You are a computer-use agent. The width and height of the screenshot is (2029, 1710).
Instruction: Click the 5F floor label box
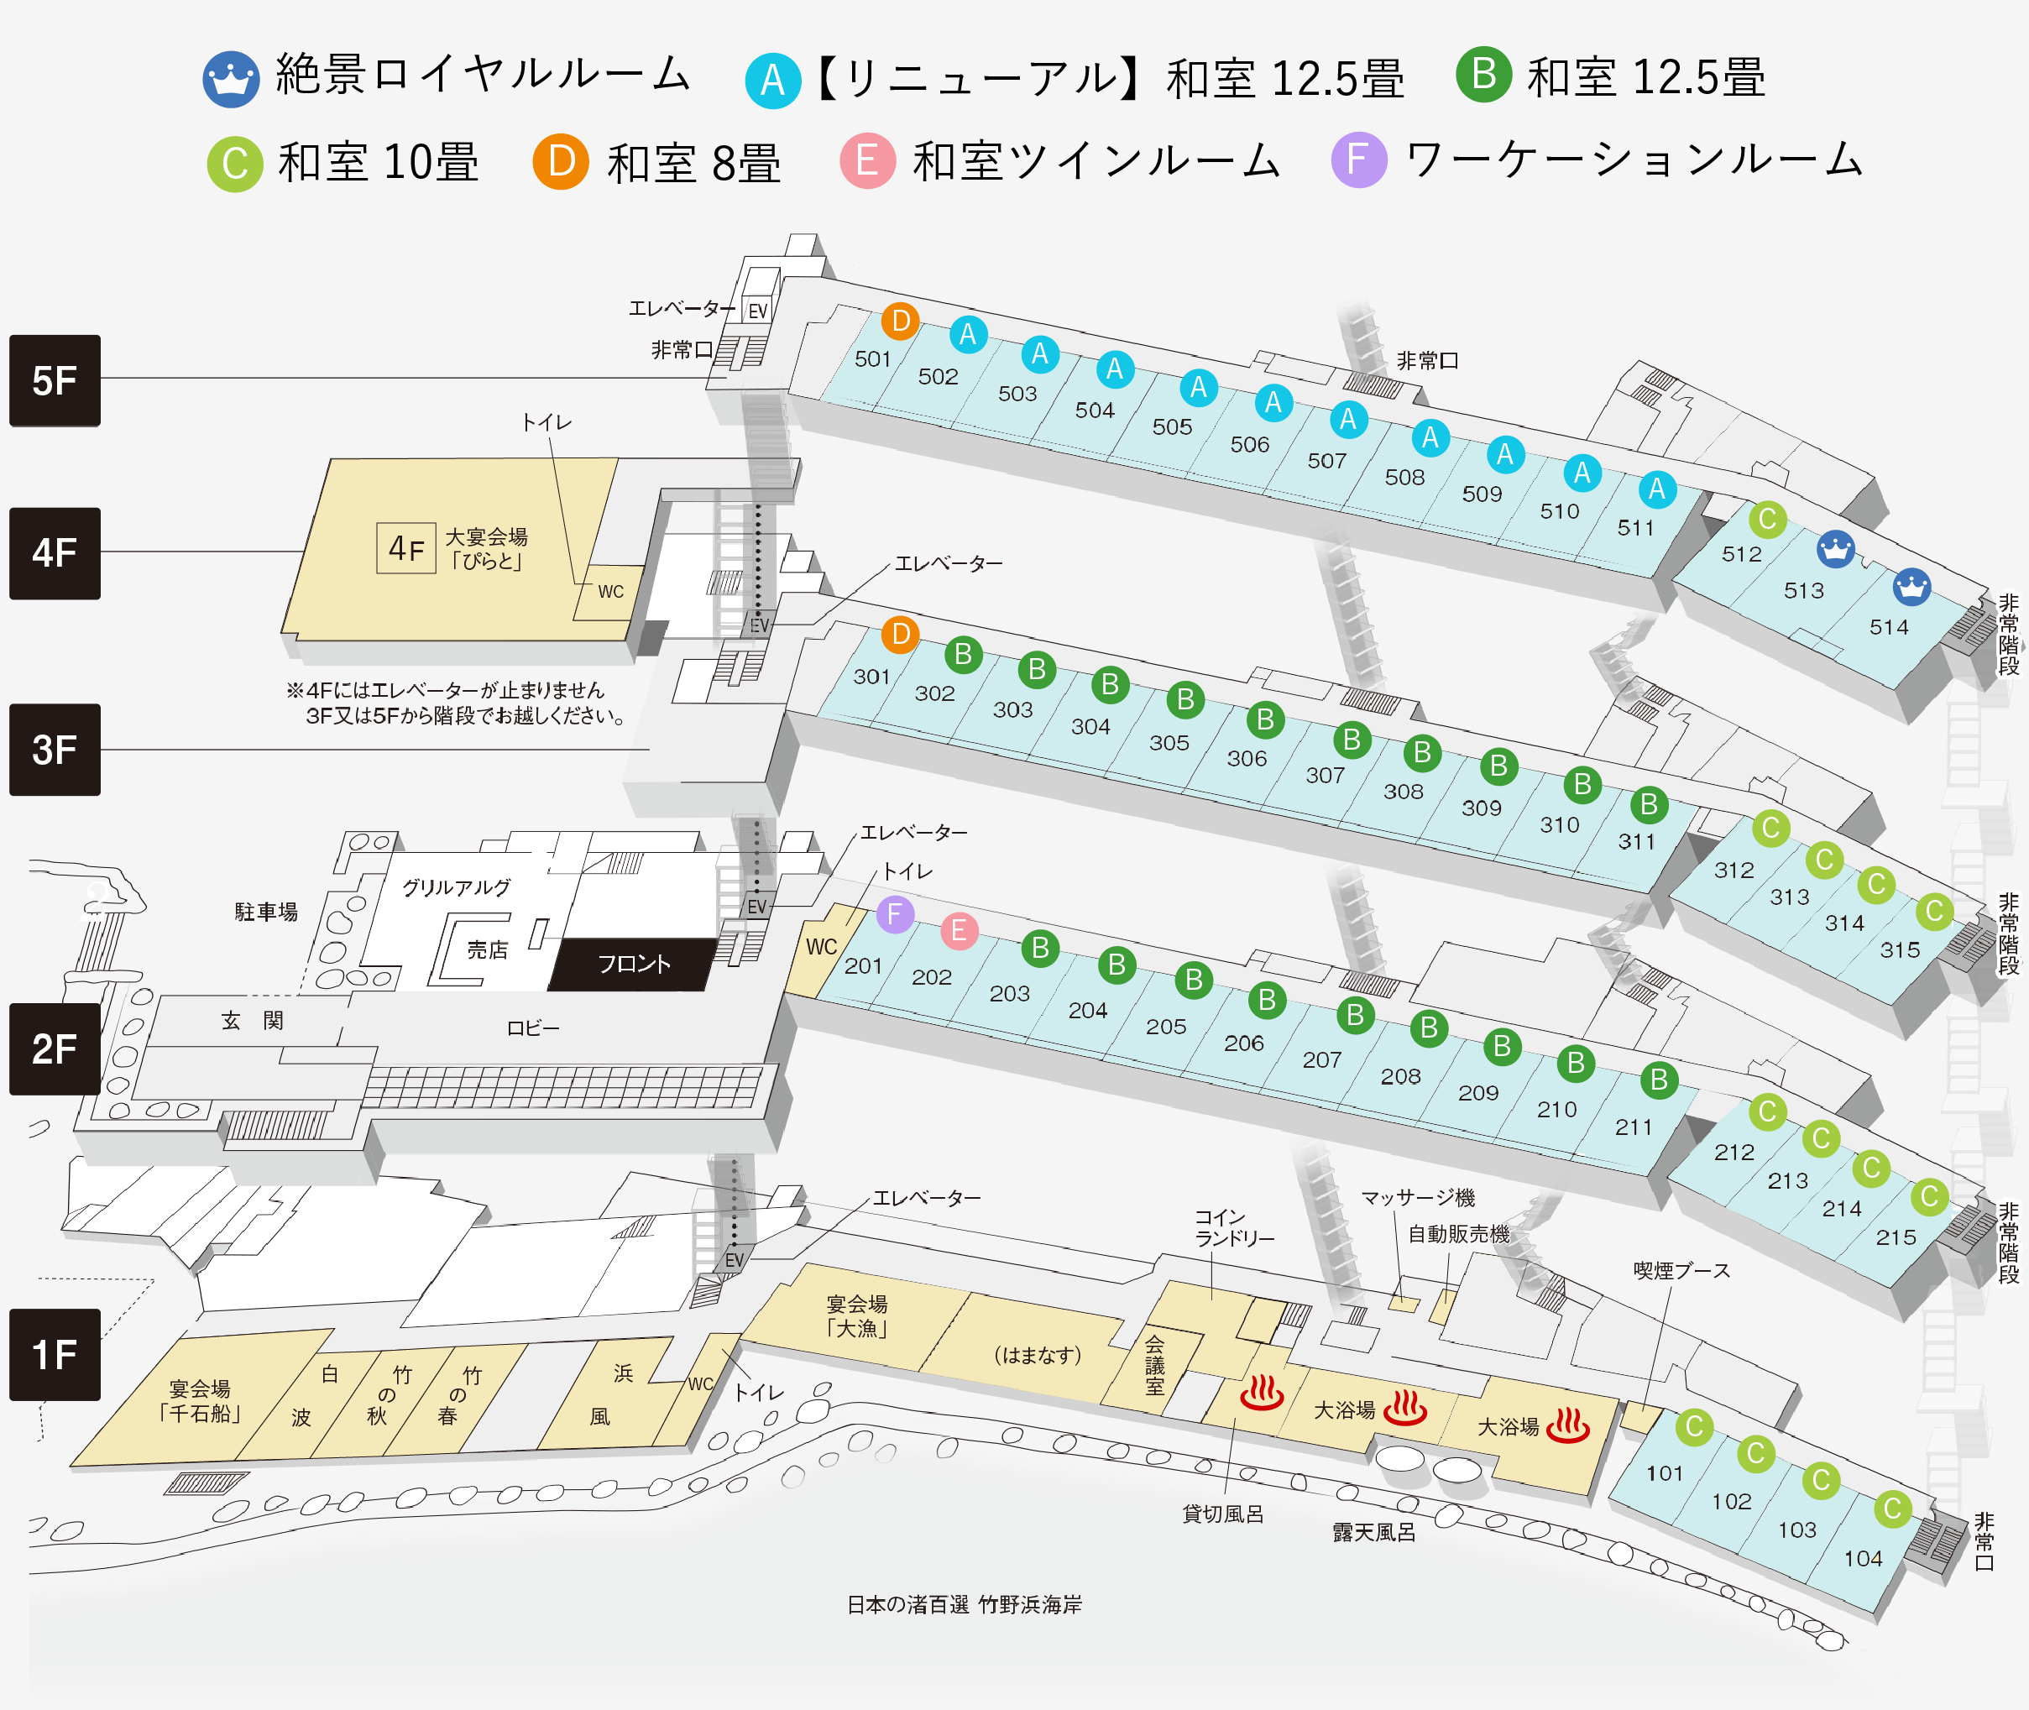coord(55,380)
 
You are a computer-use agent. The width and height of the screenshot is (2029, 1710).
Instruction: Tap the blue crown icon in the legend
coord(231,80)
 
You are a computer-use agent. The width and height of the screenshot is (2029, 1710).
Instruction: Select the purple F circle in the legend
coord(1358,160)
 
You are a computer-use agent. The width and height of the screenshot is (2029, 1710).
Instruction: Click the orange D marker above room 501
coord(900,321)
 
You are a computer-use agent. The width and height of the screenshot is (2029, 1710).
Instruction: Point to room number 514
coord(1889,627)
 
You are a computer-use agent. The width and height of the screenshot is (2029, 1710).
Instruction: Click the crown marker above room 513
coord(1835,550)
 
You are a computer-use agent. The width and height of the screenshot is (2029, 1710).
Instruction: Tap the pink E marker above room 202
coord(959,931)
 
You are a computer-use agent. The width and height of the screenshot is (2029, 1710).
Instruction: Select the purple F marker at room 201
coord(895,914)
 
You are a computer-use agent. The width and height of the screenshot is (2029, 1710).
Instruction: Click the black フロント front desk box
coord(634,964)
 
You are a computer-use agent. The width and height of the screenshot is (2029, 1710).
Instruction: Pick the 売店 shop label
coord(487,950)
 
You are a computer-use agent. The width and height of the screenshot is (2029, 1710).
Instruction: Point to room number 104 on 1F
coord(1862,1559)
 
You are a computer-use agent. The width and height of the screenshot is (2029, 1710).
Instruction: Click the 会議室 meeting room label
coord(1154,1365)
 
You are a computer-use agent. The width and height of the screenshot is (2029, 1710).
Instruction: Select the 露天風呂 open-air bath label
coord(1373,1533)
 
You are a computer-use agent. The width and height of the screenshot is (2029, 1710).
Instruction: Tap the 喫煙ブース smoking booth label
coord(1681,1271)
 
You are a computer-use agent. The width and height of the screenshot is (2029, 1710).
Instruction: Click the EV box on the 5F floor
coord(757,311)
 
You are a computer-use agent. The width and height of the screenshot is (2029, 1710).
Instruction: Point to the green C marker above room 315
coord(1934,911)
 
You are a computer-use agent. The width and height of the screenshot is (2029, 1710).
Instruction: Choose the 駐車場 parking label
coord(265,911)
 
